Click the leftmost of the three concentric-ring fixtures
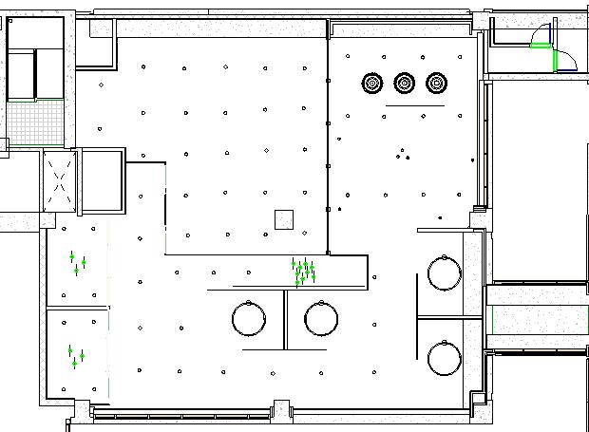tap(372, 84)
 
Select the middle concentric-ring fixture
tap(405, 84)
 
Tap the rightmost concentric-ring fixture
tap(437, 84)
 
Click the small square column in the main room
tap(283, 219)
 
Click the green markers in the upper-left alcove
tap(77, 263)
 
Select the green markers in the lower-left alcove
tap(76, 356)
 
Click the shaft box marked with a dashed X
tap(59, 180)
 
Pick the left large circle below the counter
tap(249, 318)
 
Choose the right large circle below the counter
tap(322, 318)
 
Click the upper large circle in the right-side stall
tap(445, 273)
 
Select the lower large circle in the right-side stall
tap(445, 359)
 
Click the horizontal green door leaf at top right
tap(541, 45)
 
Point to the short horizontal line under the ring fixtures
tap(415, 108)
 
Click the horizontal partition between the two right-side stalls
tap(451, 316)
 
